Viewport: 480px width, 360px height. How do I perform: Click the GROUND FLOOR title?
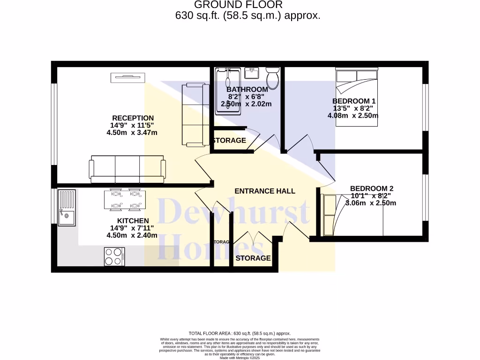(238, 5)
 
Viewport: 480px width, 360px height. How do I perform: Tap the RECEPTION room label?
(133, 118)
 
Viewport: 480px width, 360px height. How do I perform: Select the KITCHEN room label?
(133, 221)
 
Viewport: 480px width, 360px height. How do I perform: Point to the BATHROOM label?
(247, 90)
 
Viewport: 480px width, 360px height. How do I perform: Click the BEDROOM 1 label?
(354, 101)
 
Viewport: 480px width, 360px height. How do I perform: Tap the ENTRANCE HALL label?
(265, 191)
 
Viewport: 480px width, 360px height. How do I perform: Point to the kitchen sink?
(66, 206)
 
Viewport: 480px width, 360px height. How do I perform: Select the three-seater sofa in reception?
(127, 169)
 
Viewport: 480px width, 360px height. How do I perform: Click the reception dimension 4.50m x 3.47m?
(132, 133)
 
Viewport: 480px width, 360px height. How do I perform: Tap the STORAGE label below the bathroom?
(229, 141)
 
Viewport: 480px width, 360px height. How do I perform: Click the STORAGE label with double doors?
(253, 258)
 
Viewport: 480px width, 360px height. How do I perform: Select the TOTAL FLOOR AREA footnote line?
(240, 333)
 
